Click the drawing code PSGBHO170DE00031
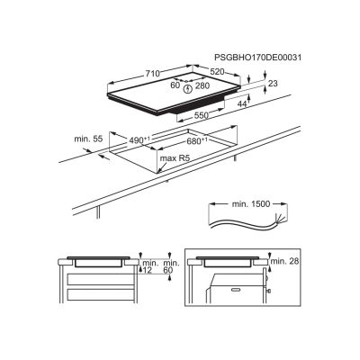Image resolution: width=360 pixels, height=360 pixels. coord(257,58)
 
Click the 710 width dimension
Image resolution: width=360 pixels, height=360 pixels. coord(153,74)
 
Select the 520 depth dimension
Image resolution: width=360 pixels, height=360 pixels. coord(217,72)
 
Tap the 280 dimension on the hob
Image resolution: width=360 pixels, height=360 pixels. coord(202,85)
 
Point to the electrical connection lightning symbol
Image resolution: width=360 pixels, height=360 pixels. coord(188,89)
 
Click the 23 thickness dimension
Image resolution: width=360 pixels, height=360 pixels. coord(273,84)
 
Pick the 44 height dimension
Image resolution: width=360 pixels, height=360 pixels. coord(242,104)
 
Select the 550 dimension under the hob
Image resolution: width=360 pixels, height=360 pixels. coord(201,115)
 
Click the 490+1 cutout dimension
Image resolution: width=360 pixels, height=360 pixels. coord(139,140)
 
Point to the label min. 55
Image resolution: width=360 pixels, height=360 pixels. coord(88,139)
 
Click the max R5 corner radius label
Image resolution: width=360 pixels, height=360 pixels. coord(175,158)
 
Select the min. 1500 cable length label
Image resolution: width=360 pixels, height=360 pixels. coord(251,204)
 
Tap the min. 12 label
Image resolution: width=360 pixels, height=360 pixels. coord(150,266)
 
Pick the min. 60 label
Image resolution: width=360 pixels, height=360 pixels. coord(171,266)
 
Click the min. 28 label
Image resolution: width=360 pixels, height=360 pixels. coord(285,261)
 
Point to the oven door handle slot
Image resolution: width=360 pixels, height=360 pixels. coord(236,290)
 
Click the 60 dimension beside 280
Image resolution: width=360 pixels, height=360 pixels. coord(175,85)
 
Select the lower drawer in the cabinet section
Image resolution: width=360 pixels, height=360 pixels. coord(101,295)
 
